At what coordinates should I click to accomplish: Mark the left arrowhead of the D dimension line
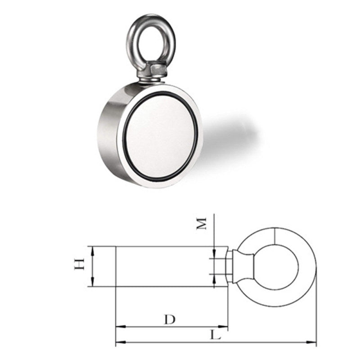[119, 326]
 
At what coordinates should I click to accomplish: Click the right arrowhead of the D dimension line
[225, 326]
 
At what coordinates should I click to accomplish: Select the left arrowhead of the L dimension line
[119, 342]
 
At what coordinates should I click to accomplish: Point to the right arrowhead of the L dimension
[314, 342]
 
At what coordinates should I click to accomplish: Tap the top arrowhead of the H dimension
[92, 249]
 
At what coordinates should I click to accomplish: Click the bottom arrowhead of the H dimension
[92, 283]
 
